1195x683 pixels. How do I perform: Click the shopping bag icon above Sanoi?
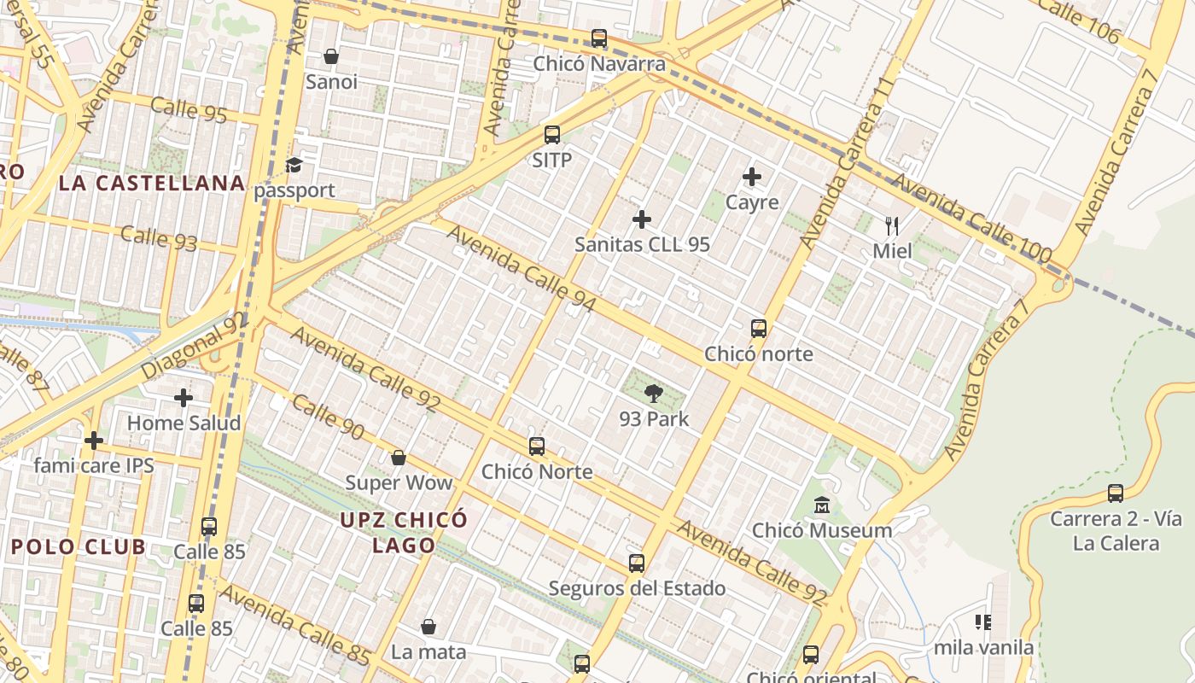330,56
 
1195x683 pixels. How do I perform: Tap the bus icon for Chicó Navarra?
599,38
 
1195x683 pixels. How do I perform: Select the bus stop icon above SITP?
552,135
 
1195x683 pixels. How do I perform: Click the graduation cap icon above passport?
294,165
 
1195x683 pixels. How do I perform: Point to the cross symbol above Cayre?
752,177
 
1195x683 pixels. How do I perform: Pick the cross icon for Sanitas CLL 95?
642,219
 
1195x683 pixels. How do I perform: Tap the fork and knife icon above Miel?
892,225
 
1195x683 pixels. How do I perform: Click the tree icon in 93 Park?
654,394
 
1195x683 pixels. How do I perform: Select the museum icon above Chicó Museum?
822,505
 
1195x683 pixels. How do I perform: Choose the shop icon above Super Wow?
398,458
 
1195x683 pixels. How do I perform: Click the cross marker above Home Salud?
184,398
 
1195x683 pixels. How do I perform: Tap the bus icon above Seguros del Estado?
637,563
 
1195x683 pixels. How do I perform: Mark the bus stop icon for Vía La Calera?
1116,493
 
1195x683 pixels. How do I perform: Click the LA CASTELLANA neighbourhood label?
152,183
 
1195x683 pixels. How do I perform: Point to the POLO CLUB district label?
79,547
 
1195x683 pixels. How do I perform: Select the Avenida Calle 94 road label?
521,268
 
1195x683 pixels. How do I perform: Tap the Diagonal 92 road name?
193,347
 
